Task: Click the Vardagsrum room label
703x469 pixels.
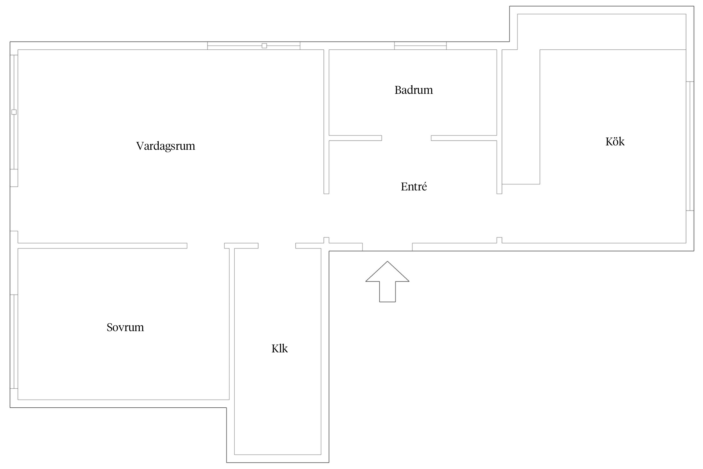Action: (166, 146)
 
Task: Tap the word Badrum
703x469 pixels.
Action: (414, 90)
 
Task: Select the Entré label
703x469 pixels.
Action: (414, 187)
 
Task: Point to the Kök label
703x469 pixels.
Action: (615, 142)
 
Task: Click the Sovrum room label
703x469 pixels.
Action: (125, 327)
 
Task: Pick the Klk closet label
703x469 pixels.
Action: (280, 348)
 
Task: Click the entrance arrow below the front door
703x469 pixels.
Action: (387, 281)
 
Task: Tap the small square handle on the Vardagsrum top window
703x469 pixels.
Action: (264, 46)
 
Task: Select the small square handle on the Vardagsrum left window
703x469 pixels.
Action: (14, 112)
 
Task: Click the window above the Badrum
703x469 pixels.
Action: (420, 46)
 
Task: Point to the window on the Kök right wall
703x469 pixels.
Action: (690, 146)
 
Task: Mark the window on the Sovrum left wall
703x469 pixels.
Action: (14, 341)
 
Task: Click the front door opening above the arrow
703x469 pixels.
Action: (387, 247)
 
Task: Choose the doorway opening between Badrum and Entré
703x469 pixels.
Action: (406, 138)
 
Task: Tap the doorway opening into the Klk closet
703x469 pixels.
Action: (277, 246)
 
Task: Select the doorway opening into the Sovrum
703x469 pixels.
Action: (206, 246)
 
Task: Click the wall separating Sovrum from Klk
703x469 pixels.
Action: (232, 324)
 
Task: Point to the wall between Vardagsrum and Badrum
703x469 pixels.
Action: (326, 122)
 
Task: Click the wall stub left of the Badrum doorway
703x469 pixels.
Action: (355, 138)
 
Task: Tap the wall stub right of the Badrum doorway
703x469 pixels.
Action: (464, 138)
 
